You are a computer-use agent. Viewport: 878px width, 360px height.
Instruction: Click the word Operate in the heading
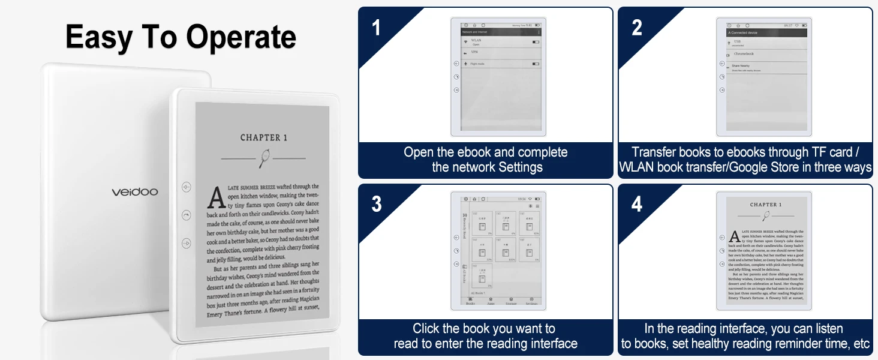pos(241,37)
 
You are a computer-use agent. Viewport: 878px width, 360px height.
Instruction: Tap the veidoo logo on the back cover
pos(135,192)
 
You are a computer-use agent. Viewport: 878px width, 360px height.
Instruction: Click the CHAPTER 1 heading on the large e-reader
pos(264,137)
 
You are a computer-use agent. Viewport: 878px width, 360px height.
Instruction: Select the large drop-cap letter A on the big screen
pos(215,197)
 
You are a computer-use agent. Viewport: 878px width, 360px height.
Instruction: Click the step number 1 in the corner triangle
pos(376,28)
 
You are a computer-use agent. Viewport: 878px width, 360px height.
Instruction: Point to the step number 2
pos(637,28)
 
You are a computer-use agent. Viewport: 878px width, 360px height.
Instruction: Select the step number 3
pos(376,204)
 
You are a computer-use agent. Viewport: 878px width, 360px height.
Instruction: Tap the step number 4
pos(637,204)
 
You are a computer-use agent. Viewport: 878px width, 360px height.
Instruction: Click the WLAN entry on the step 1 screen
pos(476,41)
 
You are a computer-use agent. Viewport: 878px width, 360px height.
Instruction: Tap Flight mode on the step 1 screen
pos(478,64)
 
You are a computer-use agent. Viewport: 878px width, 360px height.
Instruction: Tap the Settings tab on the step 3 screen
pos(531,304)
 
